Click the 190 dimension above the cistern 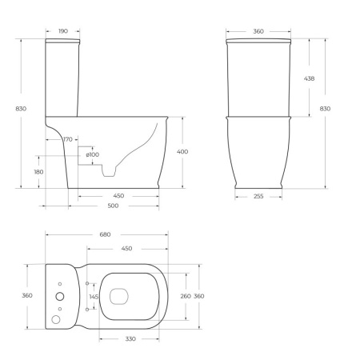coord(63,31)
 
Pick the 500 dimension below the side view coord(113,206)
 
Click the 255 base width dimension coord(258,196)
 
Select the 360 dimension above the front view coord(258,31)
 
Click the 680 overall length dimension coord(106,234)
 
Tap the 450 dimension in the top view coord(126,248)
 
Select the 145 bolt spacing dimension coord(93,297)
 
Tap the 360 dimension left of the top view coord(26,296)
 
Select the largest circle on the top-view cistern coord(58,297)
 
